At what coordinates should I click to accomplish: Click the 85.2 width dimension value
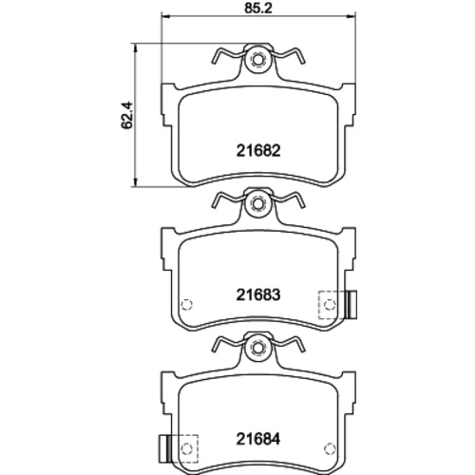pos(258,9)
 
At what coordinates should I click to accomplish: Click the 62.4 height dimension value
pos(127,115)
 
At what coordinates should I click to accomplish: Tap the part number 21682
pos(258,151)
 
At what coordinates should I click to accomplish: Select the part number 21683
pos(258,295)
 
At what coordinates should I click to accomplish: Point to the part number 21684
pos(258,439)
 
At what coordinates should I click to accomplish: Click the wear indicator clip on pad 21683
pos(351,304)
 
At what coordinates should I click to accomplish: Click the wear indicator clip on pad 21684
pos(164,448)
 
